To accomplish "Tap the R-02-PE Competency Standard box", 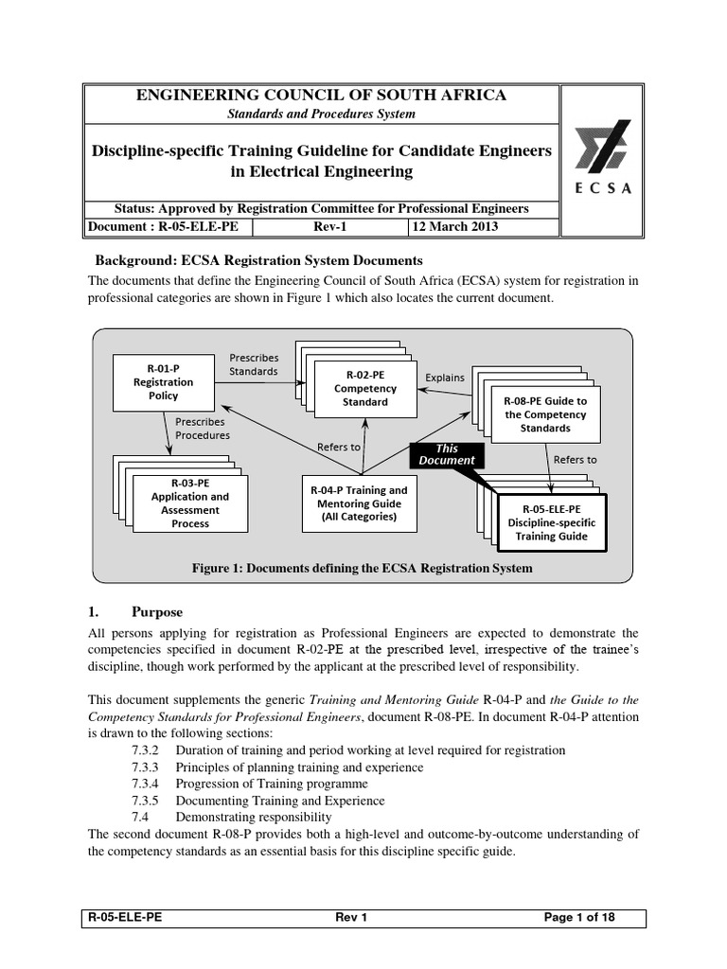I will tap(352, 388).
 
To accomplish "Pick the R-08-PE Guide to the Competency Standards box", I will tap(544, 414).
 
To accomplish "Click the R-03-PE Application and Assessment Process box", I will tap(190, 509).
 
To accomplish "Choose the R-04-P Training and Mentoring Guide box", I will tap(359, 503).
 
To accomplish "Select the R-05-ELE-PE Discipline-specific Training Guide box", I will tap(551, 521).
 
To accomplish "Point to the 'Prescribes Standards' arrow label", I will tap(254, 364).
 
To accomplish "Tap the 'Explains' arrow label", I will tap(445, 378).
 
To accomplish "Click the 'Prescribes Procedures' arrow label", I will tap(203, 429).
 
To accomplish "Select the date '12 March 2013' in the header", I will tap(454, 227).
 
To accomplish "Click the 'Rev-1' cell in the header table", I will tap(330, 227).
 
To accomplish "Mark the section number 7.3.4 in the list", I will tap(146, 784).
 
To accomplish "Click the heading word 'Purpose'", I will tap(157, 612).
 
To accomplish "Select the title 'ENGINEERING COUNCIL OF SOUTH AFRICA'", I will tap(322, 95).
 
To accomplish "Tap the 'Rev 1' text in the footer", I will tap(351, 918).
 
